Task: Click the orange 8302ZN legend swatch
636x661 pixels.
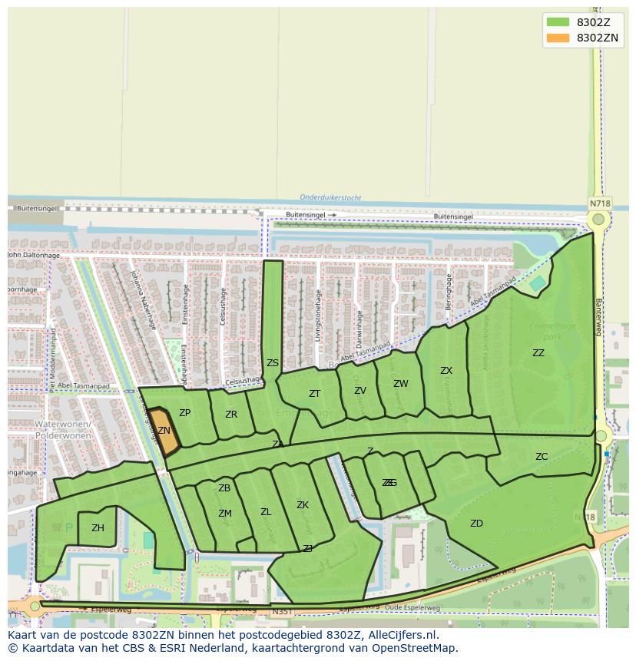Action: click(558, 38)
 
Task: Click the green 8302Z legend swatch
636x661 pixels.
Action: click(558, 21)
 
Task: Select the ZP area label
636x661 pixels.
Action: click(184, 413)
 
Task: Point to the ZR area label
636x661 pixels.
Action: click(231, 415)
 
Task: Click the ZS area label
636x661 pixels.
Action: click(273, 363)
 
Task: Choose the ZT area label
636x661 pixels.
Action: click(314, 394)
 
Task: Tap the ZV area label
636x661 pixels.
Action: click(360, 391)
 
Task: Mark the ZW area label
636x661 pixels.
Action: click(401, 384)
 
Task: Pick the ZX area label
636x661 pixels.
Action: click(446, 371)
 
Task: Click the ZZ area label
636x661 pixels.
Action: click(538, 353)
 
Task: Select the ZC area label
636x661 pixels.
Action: click(542, 457)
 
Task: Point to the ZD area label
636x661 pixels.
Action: click(476, 524)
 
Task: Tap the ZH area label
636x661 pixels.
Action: click(98, 528)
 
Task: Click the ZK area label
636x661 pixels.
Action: click(303, 505)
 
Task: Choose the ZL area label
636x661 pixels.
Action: click(266, 512)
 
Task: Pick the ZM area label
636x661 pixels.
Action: click(224, 514)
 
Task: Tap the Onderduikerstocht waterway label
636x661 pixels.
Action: click(330, 197)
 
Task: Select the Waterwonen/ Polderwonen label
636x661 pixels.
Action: click(63, 429)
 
